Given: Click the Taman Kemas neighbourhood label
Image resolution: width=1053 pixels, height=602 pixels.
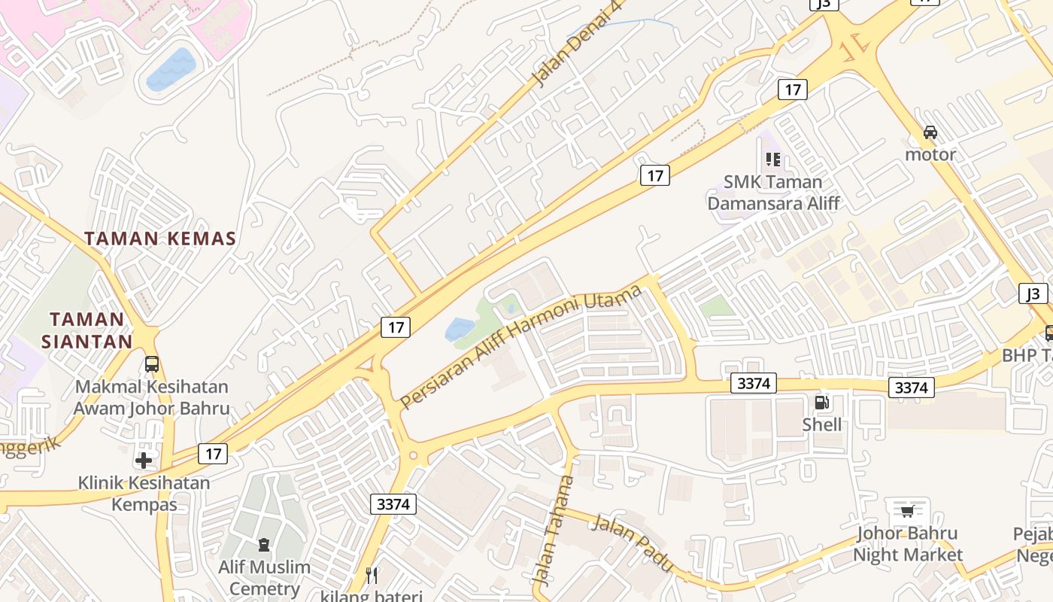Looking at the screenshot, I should [x=160, y=239].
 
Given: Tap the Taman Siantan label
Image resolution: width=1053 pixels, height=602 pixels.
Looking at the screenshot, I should [x=86, y=330].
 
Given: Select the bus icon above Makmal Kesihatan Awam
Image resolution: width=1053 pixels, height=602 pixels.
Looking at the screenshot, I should [x=151, y=364].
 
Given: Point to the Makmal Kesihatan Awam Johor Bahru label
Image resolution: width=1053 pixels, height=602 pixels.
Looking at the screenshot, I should [x=151, y=398].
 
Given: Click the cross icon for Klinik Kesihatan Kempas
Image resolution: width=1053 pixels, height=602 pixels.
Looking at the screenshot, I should [x=144, y=460].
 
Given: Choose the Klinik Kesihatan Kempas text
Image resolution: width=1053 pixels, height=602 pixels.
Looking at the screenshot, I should [x=144, y=493].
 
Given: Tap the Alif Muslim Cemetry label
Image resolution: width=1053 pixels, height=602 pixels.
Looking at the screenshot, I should [x=264, y=577].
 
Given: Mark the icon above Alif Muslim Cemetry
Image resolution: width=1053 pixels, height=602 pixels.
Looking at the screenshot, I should [x=263, y=544].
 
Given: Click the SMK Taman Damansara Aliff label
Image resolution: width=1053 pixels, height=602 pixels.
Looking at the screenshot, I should [x=773, y=192].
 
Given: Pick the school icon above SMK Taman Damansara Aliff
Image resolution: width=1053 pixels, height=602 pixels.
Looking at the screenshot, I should [x=772, y=159].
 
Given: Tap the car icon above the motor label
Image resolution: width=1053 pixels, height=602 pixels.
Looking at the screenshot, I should [x=930, y=132].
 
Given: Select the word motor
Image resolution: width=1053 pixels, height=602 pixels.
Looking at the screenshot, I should [x=930, y=155].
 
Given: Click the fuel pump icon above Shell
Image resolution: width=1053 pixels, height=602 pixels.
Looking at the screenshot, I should [x=822, y=403].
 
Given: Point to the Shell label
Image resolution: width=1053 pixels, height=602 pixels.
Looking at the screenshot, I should [x=822, y=424].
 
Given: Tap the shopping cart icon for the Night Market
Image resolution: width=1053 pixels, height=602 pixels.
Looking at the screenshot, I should [x=907, y=512].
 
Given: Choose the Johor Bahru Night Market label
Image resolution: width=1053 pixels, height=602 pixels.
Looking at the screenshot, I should [x=907, y=544].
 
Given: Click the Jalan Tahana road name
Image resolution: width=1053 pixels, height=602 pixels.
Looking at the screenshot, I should [x=554, y=530].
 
